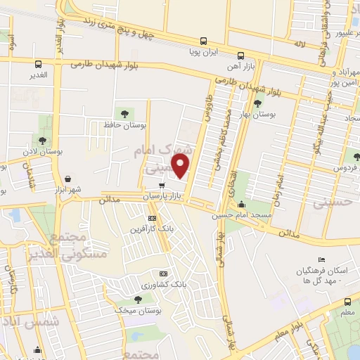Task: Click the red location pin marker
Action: pos(181,167)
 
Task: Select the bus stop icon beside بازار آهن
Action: pos(241,55)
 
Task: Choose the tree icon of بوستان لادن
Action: pos(43,140)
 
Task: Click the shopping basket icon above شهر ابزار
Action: pos(67,179)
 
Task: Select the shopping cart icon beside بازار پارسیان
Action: pos(162,186)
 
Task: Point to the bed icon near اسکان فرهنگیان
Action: pos(321,262)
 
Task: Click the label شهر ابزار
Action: pos(67,190)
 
